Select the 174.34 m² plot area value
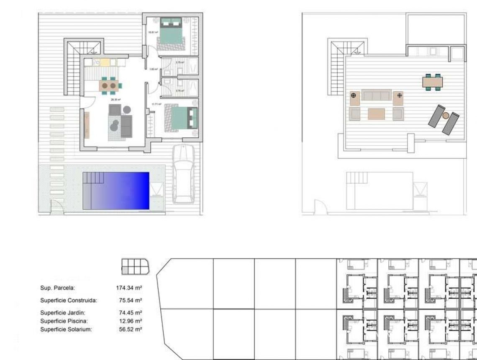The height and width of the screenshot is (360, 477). (x=129, y=288)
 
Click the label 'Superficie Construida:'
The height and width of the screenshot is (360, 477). (x=69, y=301)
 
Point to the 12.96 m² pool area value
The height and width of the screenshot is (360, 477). (x=131, y=321)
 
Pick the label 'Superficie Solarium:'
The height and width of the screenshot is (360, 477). (x=66, y=329)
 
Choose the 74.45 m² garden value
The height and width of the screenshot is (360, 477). (x=131, y=313)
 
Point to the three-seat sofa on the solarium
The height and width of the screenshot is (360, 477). (x=376, y=95)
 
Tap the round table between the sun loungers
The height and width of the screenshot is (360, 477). (x=446, y=116)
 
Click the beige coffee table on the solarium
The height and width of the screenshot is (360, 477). (x=376, y=114)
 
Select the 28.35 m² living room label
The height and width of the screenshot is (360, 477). (x=115, y=100)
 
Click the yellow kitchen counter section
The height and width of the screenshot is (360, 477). (x=105, y=62)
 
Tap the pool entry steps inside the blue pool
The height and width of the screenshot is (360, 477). (x=93, y=178)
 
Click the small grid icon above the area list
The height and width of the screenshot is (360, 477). (x=135, y=267)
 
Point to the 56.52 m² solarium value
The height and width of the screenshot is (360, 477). (x=131, y=329)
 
